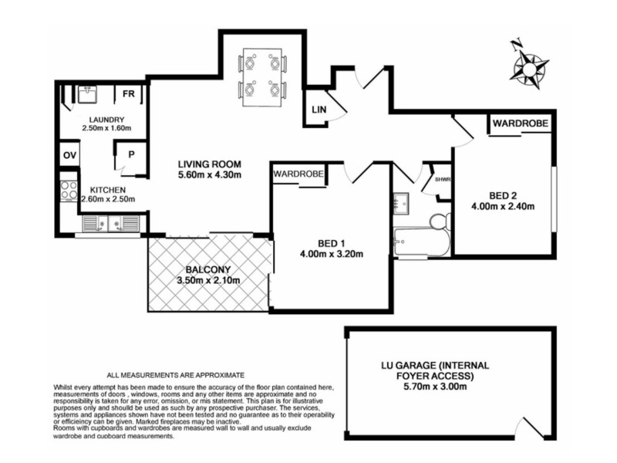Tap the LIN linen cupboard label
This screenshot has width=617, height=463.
(319, 110)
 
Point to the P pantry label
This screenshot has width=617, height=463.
(131, 154)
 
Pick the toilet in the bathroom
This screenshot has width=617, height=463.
(438, 223)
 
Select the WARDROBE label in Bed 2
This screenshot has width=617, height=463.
(520, 123)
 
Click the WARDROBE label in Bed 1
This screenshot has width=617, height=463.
(298, 174)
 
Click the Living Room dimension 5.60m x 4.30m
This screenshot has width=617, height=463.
(210, 175)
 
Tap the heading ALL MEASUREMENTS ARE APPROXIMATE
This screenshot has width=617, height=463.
(175, 373)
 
